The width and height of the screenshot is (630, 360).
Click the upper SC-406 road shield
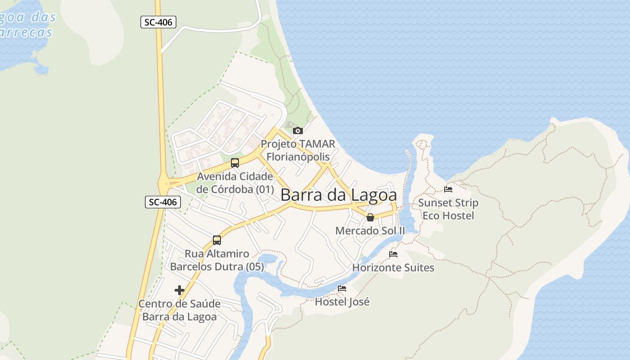158,22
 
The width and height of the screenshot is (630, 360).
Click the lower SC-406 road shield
162,202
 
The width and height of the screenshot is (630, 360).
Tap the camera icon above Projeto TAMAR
297,131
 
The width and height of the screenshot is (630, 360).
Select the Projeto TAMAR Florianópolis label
298,150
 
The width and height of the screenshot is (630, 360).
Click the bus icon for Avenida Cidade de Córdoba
235,163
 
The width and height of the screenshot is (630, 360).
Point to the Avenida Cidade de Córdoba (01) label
235,182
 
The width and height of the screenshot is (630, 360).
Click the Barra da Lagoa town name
339,195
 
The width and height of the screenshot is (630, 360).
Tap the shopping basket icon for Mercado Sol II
370,218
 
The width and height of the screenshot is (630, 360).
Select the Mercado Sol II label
370,231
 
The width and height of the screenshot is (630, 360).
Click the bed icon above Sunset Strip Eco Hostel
448,189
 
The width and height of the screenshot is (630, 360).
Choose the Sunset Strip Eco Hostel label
448,209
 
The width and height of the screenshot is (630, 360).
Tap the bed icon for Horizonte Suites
393,254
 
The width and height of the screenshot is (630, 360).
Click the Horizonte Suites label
393,268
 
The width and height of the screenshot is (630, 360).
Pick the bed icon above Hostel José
342,288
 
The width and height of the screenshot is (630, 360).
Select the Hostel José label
342,301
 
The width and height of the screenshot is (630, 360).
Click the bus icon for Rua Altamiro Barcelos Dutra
217,240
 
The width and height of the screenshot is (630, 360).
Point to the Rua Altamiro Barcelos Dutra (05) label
217,260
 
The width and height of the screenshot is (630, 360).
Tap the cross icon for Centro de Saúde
180,290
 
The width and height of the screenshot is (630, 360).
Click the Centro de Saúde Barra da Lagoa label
180,310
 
